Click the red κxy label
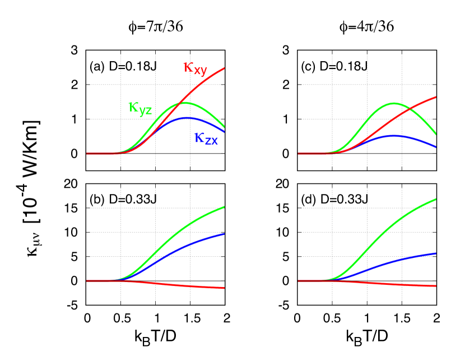[x=196, y=68]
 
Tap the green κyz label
[x=140, y=108]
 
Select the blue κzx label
[x=206, y=138]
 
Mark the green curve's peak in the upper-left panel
[x=184, y=103]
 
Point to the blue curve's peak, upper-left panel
[x=187, y=117]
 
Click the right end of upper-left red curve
[x=224, y=68]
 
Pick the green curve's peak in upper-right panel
[x=395, y=103]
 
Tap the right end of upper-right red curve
[x=435, y=97]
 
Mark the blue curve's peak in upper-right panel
[x=394, y=135]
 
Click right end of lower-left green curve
[x=224, y=207]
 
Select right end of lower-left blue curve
[x=224, y=234]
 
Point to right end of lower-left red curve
[x=224, y=288]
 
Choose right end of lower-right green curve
[x=435, y=199]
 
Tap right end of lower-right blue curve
[x=435, y=253]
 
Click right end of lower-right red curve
[x=435, y=286]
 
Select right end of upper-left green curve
[x=224, y=128]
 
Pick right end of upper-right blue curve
[x=435, y=147]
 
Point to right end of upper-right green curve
[x=435, y=134]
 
